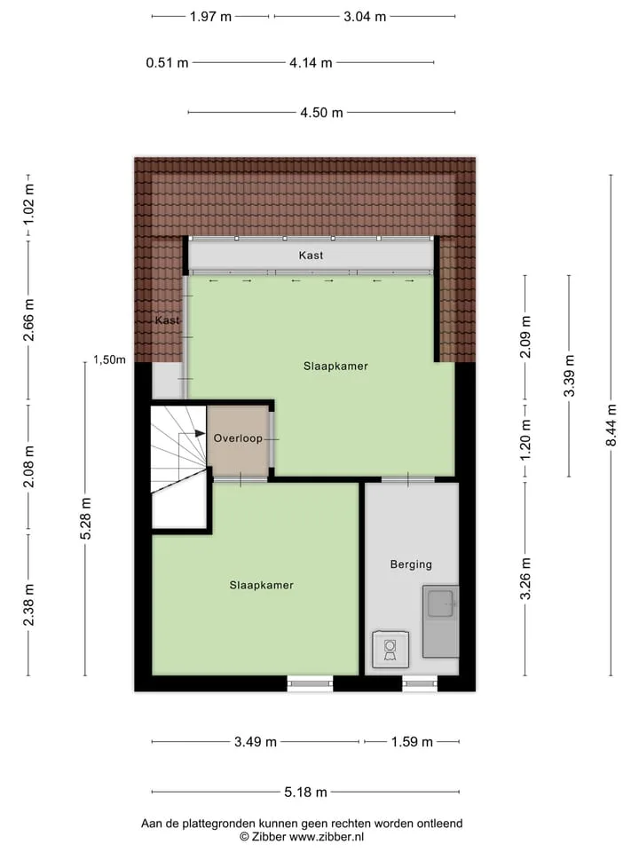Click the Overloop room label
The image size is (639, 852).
(238, 438)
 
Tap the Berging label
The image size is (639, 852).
(411, 564)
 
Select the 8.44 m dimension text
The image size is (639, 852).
(611, 425)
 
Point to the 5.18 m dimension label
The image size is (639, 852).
(306, 793)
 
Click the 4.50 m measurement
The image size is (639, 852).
(321, 113)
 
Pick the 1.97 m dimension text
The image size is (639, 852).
(210, 17)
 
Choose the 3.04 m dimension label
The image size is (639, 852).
(365, 17)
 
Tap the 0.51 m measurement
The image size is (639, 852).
(167, 63)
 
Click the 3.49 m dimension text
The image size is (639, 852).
(256, 742)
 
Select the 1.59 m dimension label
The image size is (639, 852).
(412, 742)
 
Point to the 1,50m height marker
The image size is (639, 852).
(109, 359)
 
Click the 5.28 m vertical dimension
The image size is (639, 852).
(86, 518)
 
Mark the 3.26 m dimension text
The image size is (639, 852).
(525, 579)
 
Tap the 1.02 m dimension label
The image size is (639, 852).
(28, 204)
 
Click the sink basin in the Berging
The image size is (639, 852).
(440, 603)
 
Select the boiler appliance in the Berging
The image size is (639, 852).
(390, 649)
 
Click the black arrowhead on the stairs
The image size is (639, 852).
(201, 434)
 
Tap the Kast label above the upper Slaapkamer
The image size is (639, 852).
(311, 256)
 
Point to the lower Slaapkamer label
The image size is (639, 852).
(261, 585)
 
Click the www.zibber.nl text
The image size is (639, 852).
(327, 837)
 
